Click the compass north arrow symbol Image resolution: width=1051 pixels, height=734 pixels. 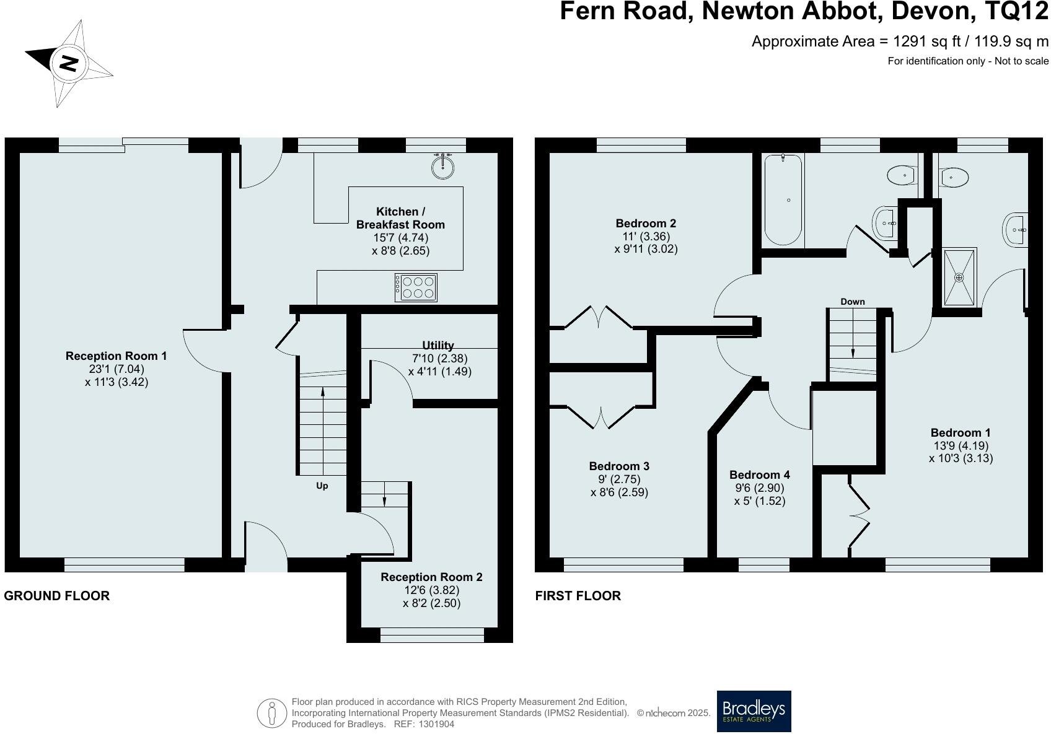(68, 63)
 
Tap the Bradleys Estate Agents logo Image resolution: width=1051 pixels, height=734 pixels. (754, 711)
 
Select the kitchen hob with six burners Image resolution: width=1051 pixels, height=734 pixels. (416, 287)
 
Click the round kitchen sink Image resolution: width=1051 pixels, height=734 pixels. (443, 165)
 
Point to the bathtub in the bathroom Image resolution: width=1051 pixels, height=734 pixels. (783, 200)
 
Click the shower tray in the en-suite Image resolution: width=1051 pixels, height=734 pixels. (959, 277)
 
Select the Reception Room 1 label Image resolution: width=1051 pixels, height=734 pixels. (116, 356)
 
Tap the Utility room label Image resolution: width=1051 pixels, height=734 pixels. (438, 346)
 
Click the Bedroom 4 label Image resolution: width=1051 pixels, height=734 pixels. (759, 474)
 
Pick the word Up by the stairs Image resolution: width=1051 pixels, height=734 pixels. (322, 486)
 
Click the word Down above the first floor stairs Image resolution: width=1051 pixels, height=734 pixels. (852, 302)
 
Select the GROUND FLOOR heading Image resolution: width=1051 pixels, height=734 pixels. (57, 596)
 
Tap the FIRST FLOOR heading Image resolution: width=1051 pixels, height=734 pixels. (578, 596)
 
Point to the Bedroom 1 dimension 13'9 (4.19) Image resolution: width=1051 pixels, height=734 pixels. (961, 445)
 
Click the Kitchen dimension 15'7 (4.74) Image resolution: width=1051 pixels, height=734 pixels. (400, 237)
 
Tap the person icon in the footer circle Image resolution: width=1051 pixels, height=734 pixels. (271, 714)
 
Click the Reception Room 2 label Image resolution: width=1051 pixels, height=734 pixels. (431, 577)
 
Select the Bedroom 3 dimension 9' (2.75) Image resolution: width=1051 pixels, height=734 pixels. (619, 479)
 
